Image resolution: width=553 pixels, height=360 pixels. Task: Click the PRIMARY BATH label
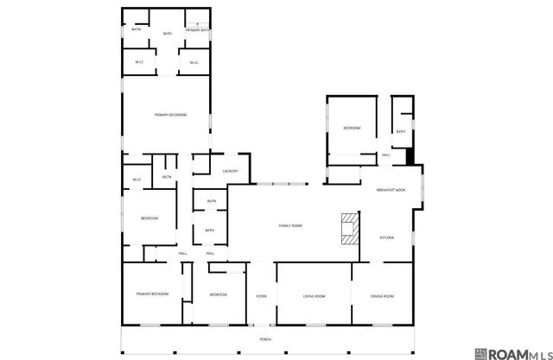pyautogui.click(x=195, y=30)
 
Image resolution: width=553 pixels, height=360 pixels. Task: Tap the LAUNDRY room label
pyautogui.click(x=230, y=171)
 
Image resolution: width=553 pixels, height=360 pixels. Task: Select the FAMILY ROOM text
pyautogui.click(x=290, y=225)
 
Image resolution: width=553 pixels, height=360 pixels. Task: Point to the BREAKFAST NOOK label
pyautogui.click(x=391, y=190)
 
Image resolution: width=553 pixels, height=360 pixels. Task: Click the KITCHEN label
pyautogui.click(x=388, y=237)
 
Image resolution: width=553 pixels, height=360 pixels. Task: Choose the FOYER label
pyautogui.click(x=261, y=296)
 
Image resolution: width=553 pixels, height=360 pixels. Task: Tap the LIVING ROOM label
pyautogui.click(x=314, y=296)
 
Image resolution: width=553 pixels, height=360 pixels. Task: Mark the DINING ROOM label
pyautogui.click(x=383, y=296)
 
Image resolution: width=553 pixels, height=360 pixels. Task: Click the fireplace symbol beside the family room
pyautogui.click(x=348, y=229)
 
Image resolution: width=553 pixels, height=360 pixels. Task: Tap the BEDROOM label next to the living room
pyautogui.click(x=218, y=295)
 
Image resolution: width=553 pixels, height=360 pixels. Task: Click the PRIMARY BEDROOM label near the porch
pyautogui.click(x=152, y=294)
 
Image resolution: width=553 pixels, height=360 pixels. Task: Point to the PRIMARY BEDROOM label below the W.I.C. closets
pyautogui.click(x=170, y=115)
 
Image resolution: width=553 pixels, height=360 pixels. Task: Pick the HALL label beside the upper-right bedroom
pyautogui.click(x=385, y=155)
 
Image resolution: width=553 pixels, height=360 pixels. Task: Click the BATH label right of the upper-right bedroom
pyautogui.click(x=400, y=131)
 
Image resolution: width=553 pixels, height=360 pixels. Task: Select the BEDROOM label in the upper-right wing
pyautogui.click(x=352, y=128)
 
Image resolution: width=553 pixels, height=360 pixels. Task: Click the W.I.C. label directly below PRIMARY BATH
pyautogui.click(x=194, y=62)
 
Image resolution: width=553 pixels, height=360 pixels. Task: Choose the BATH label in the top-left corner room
pyautogui.click(x=136, y=29)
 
